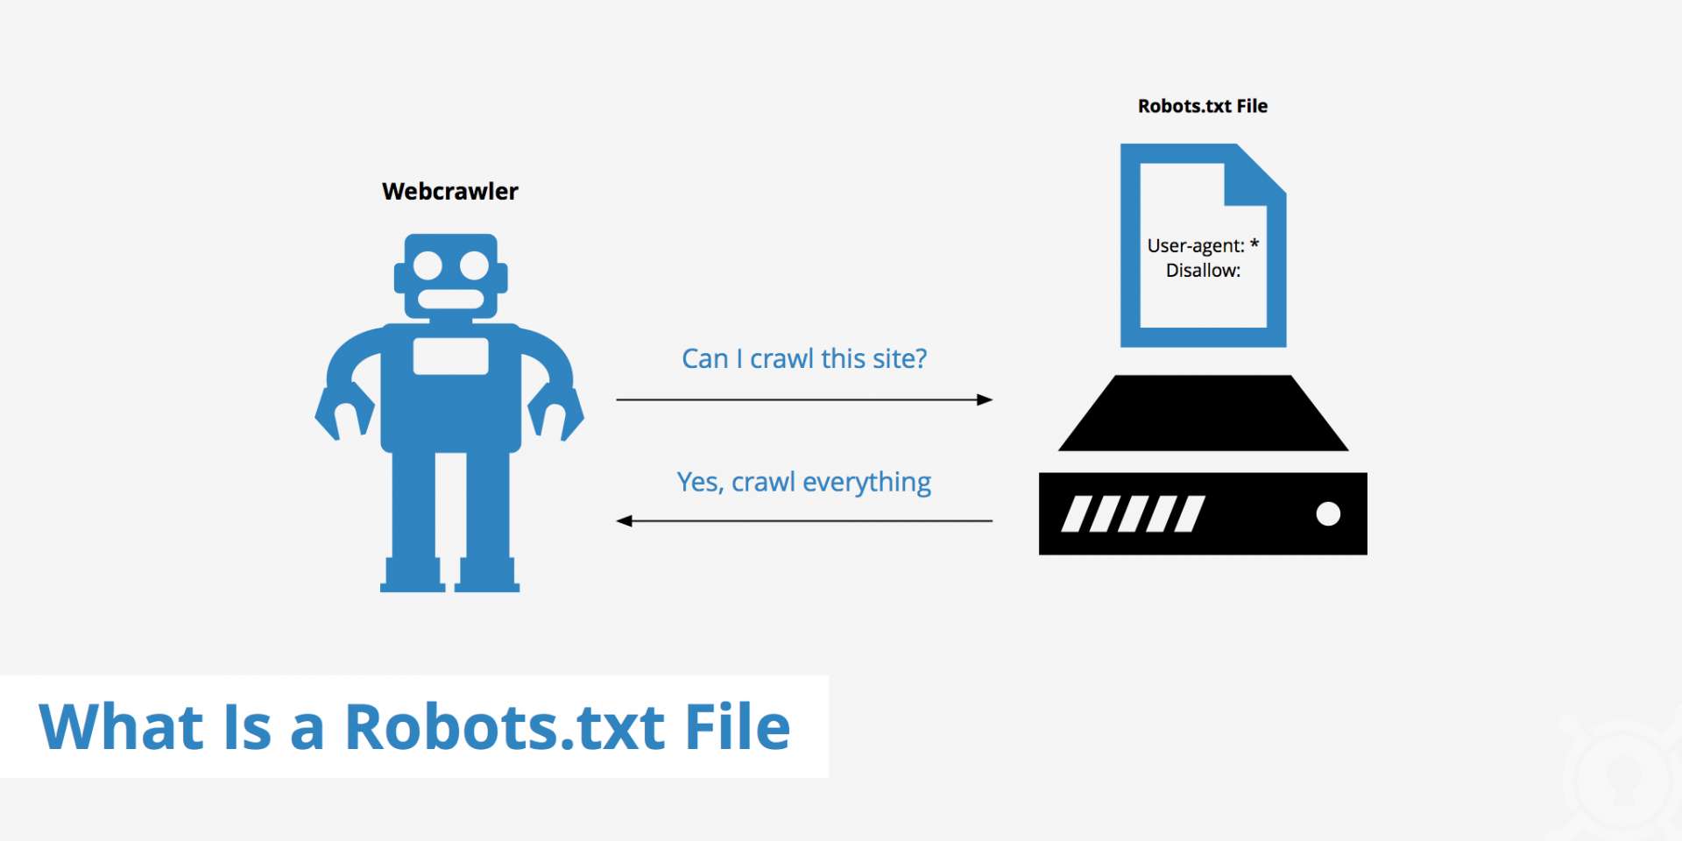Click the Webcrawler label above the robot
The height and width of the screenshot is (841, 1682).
click(450, 191)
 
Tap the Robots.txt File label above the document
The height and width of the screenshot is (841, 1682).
click(1203, 106)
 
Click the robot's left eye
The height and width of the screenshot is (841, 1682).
click(428, 265)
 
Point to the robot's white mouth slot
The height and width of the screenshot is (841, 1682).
click(450, 299)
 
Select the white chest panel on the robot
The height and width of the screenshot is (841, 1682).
click(450, 356)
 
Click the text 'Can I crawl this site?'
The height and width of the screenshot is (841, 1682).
click(804, 358)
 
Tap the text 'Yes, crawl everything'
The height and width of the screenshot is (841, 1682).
click(804, 483)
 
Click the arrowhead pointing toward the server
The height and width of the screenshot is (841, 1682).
click(985, 399)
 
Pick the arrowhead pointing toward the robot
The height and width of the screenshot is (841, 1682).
click(625, 521)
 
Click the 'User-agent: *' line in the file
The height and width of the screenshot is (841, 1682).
click(1203, 245)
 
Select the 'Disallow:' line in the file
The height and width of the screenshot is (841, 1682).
click(1203, 271)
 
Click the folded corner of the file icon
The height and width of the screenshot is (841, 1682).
click(1254, 175)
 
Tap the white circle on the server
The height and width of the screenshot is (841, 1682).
click(1328, 514)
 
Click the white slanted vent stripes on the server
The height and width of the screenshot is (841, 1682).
click(1133, 514)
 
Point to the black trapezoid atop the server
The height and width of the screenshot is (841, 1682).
click(1203, 413)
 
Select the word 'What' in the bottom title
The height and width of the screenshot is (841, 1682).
click(122, 727)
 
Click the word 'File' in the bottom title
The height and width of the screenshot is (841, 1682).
click(738, 727)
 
